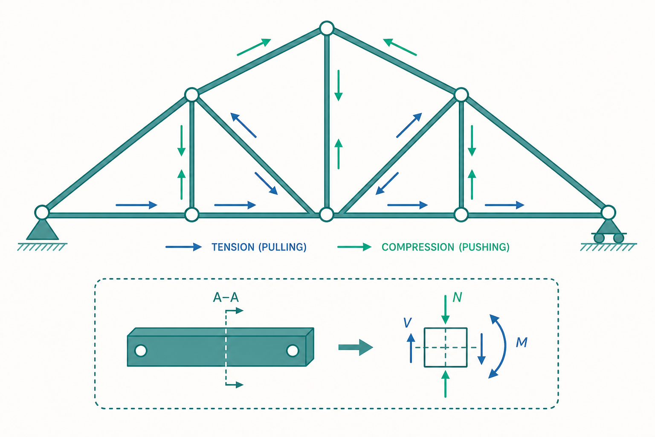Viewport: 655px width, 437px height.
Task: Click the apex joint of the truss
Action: click(x=327, y=29)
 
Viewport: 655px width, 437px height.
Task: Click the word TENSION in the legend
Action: click(x=233, y=248)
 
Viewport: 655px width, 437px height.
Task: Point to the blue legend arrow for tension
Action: click(x=184, y=247)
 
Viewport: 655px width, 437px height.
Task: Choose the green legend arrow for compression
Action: click(x=354, y=247)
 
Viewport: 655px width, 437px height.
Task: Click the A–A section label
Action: click(x=226, y=297)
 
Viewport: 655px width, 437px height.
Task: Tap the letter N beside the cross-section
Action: click(x=457, y=297)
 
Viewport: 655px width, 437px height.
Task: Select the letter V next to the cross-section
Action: click(x=407, y=323)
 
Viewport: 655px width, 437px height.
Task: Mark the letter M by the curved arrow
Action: click(x=522, y=342)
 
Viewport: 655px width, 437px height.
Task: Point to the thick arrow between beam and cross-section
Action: click(x=356, y=347)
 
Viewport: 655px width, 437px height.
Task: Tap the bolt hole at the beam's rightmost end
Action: click(x=293, y=350)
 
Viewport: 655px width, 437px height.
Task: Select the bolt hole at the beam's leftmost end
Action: click(x=141, y=350)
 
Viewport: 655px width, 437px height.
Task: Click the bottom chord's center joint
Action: click(x=327, y=215)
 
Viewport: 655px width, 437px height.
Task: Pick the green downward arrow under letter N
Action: click(x=445, y=310)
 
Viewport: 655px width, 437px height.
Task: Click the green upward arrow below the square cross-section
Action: click(x=445, y=384)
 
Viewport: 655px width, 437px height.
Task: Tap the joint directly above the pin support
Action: click(x=42, y=212)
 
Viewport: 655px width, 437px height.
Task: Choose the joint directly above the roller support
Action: click(x=609, y=212)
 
